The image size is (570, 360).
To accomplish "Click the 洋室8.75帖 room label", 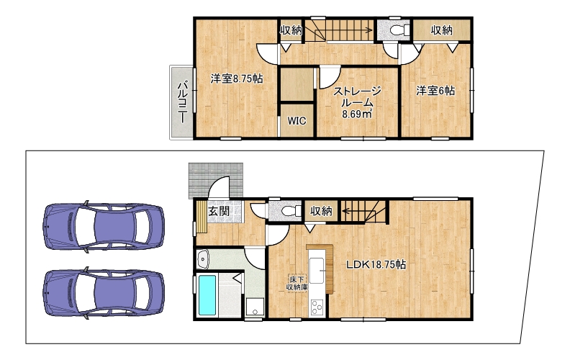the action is pyautogui.click(x=237, y=78).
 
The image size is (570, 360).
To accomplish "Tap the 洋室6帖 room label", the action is pyautogui.click(x=435, y=91).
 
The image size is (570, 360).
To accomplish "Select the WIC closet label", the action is pyautogui.click(x=297, y=121).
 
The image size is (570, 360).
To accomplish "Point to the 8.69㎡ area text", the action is pyautogui.click(x=357, y=114).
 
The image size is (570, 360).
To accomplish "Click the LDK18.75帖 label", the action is pyautogui.click(x=376, y=264).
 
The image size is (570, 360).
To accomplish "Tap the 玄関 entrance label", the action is pyautogui.click(x=219, y=211).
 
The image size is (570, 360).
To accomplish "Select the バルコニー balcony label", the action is pyautogui.click(x=183, y=102).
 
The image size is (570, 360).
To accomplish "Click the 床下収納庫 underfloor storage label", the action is pyautogui.click(x=297, y=283).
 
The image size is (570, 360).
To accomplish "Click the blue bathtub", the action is pyautogui.click(x=207, y=294).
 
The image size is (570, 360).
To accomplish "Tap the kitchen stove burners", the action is pyautogui.click(x=317, y=307).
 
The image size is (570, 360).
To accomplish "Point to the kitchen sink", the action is pyautogui.click(x=317, y=270).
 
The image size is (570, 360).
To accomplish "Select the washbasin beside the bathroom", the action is pyautogui.click(x=202, y=259).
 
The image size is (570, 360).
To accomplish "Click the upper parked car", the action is pyautogui.click(x=103, y=225).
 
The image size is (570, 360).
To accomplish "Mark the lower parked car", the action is pyautogui.click(x=103, y=293).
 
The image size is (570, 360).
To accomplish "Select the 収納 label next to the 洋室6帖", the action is pyautogui.click(x=442, y=30).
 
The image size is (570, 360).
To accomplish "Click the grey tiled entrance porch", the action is pyautogui.click(x=216, y=181).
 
